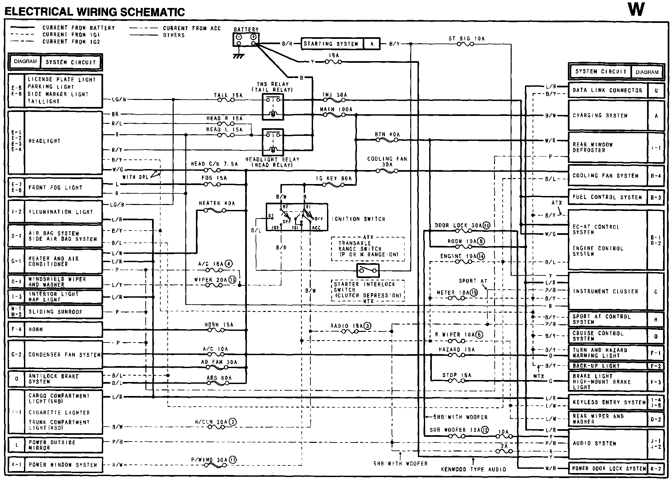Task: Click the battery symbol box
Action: pyautogui.click(x=246, y=40)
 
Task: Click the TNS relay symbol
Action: pyautogui.click(x=273, y=107)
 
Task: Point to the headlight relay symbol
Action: pyautogui.click(x=273, y=142)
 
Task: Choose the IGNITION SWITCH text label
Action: pyautogui.click(x=358, y=219)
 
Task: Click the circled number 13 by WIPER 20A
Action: pyautogui.click(x=232, y=280)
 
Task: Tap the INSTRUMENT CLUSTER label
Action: pyautogui.click(x=605, y=291)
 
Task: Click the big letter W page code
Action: pyautogui.click(x=636, y=10)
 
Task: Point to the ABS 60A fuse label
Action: pyautogui.click(x=219, y=378)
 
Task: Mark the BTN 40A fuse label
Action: pyautogui.click(x=387, y=135)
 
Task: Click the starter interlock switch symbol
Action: pyautogui.click(x=368, y=271)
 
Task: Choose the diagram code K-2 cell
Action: pyautogui.click(x=656, y=468)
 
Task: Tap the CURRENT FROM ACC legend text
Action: pyautogui.click(x=192, y=28)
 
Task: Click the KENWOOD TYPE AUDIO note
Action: pyautogui.click(x=473, y=469)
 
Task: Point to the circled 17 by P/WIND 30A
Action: pyautogui.click(x=232, y=460)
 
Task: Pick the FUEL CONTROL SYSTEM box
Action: pyautogui.click(x=607, y=197)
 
